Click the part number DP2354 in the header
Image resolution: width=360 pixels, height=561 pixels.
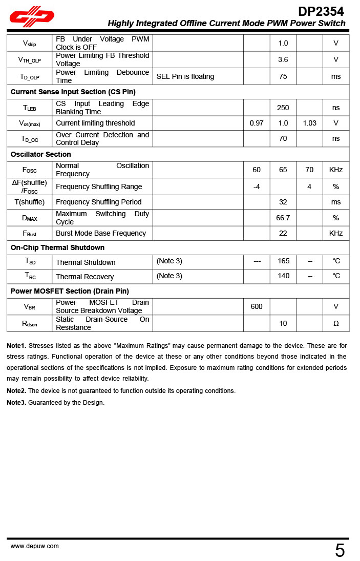pyautogui.click(x=321, y=11)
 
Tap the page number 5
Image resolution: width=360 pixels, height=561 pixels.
pyautogui.click(x=340, y=551)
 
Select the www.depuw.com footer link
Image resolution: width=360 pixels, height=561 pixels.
pyautogui.click(x=35, y=546)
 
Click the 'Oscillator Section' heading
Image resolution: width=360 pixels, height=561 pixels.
pyautogui.click(x=41, y=154)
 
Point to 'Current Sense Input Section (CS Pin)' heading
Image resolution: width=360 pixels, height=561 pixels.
pyautogui.click(x=73, y=92)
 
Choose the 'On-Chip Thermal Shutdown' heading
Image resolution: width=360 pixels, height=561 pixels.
pyautogui.click(x=57, y=247)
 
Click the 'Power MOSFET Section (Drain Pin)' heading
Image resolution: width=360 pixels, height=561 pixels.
pyautogui.click(x=70, y=291)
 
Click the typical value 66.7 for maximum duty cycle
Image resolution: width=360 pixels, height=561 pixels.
pyautogui.click(x=283, y=218)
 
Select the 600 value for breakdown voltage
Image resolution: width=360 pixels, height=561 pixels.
pyautogui.click(x=257, y=306)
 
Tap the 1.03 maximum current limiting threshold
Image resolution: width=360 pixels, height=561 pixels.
pyautogui.click(x=309, y=123)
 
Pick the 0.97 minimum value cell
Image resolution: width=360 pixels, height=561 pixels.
pyautogui.click(x=257, y=123)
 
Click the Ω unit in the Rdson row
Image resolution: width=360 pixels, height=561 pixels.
pyautogui.click(x=336, y=323)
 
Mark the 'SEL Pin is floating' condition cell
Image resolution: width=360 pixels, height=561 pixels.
pyautogui.click(x=185, y=76)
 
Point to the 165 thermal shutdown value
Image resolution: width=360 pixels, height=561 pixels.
pyautogui.click(x=283, y=261)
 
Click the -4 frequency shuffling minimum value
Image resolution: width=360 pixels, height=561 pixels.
pyautogui.click(x=257, y=186)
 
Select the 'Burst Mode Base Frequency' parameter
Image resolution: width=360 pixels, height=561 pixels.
pyautogui.click(x=101, y=233)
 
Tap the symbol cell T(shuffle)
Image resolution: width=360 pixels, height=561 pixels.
pyautogui.click(x=29, y=202)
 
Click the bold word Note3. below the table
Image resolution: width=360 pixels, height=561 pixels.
pyautogui.click(x=16, y=403)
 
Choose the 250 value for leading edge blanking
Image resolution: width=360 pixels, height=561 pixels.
pyautogui.click(x=283, y=108)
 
